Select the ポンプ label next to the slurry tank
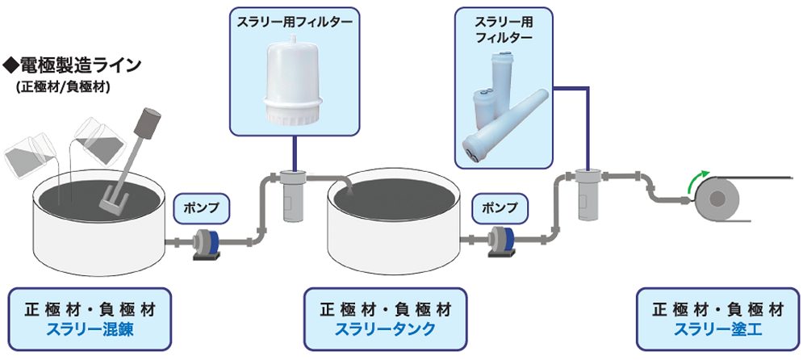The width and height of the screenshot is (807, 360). coord(499,208)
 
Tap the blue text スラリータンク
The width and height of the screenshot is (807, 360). coord(386,329)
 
